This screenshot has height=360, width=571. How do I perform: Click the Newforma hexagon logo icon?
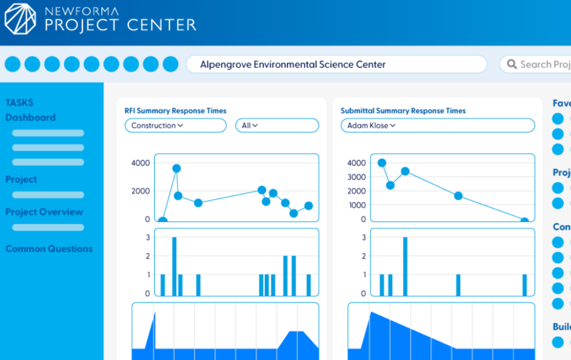(x=21, y=20)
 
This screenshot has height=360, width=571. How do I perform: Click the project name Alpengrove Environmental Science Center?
(x=293, y=64)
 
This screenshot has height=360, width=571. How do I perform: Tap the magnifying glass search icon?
(x=512, y=64)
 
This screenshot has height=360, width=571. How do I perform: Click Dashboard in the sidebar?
(x=30, y=118)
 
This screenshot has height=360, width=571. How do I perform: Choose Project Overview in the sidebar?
(x=44, y=212)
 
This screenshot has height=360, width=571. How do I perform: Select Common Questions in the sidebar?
(x=49, y=249)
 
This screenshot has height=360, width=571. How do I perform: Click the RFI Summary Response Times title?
(x=175, y=111)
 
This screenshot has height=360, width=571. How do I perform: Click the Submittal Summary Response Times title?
(x=403, y=111)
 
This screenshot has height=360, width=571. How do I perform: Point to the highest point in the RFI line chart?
(x=176, y=168)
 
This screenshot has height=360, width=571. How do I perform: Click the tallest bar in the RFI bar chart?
(x=174, y=266)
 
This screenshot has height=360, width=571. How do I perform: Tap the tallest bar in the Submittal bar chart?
(x=405, y=266)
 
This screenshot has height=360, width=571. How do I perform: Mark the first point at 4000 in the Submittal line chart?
(x=382, y=163)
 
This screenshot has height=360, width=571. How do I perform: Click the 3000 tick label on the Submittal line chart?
(x=356, y=177)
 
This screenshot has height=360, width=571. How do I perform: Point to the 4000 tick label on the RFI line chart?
(x=140, y=163)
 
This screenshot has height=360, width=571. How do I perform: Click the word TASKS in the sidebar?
(x=20, y=103)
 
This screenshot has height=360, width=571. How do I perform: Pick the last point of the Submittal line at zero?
(x=524, y=221)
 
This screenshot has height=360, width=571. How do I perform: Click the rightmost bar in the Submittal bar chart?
(x=525, y=285)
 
